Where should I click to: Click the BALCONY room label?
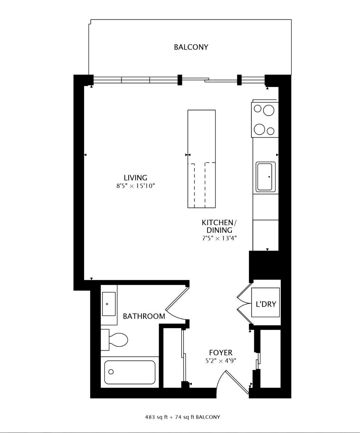click(x=191, y=47)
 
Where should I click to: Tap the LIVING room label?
click(x=135, y=178)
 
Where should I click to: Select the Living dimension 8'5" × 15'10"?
click(x=135, y=186)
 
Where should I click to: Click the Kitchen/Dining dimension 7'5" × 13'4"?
click(x=219, y=238)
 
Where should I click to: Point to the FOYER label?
click(x=220, y=353)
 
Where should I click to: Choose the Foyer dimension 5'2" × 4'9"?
click(x=220, y=361)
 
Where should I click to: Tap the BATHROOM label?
click(x=144, y=316)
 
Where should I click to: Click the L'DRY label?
click(x=266, y=304)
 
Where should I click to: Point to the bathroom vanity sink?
click(x=109, y=304)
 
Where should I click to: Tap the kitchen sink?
click(x=265, y=177)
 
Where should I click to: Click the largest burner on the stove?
click(x=269, y=110)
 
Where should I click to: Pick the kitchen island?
click(x=201, y=159)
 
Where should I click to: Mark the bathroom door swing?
click(x=177, y=303)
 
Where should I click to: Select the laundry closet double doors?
click(x=245, y=304)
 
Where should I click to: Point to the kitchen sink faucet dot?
click(x=269, y=177)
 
